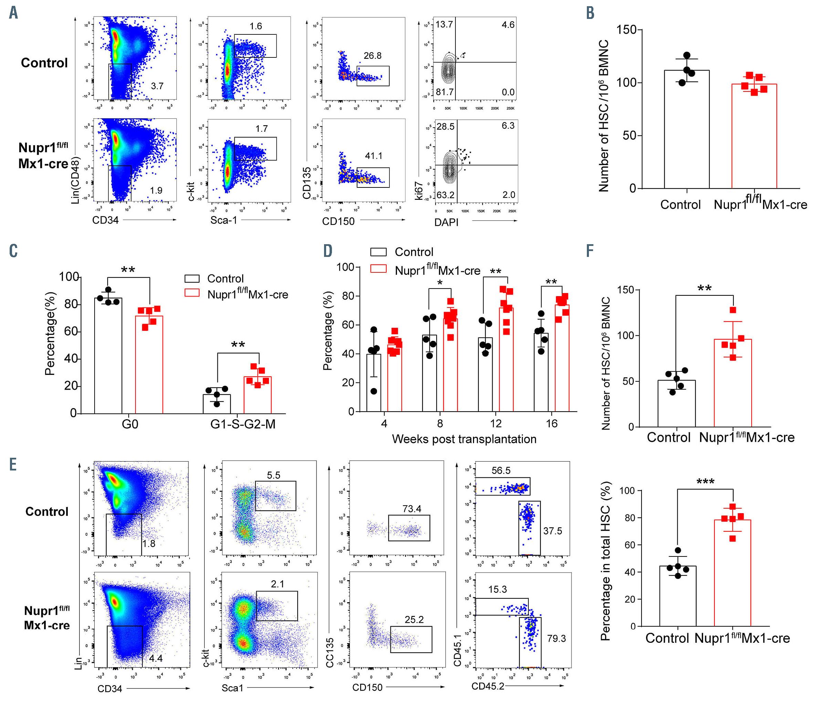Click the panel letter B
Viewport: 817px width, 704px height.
click(x=590, y=13)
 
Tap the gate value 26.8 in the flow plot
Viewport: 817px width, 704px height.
click(x=372, y=56)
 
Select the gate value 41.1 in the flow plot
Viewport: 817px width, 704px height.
click(x=373, y=156)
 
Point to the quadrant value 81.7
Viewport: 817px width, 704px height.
click(x=445, y=92)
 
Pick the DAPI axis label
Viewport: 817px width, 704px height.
click(x=447, y=222)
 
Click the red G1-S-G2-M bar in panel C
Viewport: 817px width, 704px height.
click(x=257, y=394)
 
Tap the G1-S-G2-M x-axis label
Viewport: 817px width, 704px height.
click(x=243, y=424)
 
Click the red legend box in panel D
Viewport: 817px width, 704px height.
click(x=378, y=269)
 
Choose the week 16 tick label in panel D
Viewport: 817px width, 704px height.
click(x=552, y=423)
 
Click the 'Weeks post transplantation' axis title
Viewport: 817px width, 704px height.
click(x=464, y=439)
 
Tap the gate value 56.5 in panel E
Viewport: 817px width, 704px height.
click(x=501, y=470)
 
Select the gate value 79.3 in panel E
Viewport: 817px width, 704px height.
click(x=556, y=638)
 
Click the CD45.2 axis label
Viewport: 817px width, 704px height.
click(x=488, y=686)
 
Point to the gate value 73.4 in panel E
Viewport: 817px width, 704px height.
click(x=412, y=509)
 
